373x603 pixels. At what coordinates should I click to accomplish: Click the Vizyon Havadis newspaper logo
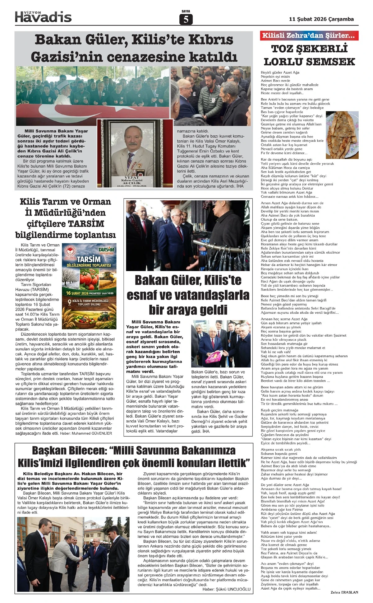coord(43,16)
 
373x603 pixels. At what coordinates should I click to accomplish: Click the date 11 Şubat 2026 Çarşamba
coord(321,19)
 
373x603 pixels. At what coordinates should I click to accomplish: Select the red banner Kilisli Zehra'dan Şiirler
coord(309,35)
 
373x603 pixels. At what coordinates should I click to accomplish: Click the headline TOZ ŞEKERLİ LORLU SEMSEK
coord(309,55)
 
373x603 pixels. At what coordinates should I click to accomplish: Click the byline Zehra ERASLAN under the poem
coord(344,592)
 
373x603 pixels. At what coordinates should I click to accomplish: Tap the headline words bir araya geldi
coord(188,310)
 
